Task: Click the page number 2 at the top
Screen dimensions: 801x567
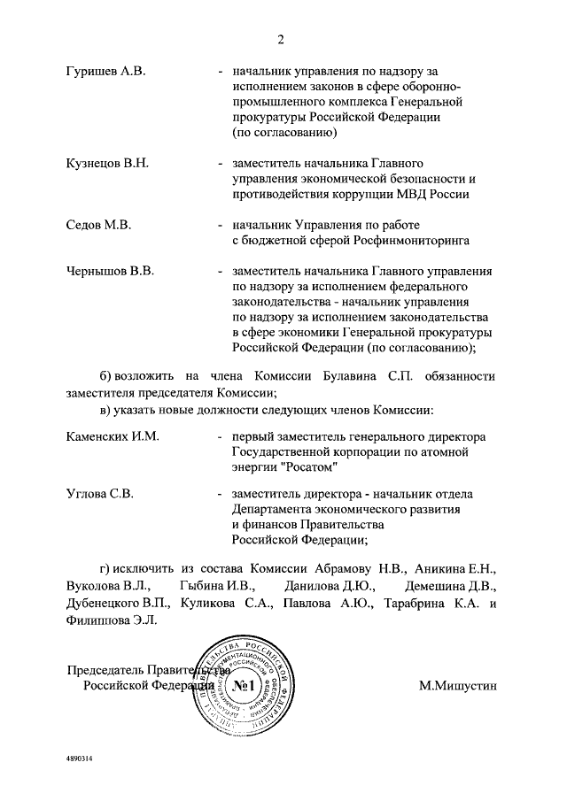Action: [x=281, y=39]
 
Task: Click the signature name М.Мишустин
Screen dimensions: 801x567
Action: [x=460, y=684]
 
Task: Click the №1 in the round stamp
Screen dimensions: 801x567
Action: [x=240, y=687]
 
